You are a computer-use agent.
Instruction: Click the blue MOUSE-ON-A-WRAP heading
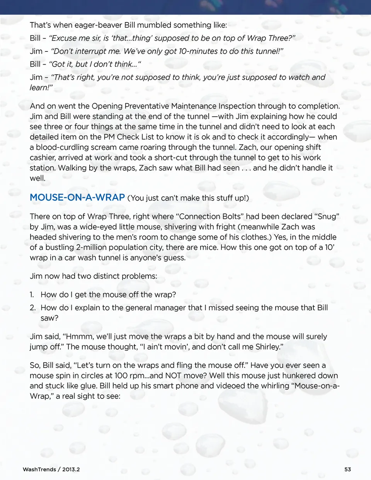click(x=77, y=197)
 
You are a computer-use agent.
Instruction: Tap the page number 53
click(x=347, y=469)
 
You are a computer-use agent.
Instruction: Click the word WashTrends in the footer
click(x=39, y=469)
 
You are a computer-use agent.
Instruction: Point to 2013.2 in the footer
click(x=71, y=469)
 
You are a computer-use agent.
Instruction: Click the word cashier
click(x=43, y=158)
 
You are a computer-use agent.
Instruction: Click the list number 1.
click(x=32, y=294)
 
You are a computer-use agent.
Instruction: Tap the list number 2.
click(x=32, y=308)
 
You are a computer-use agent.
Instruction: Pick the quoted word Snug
click(x=327, y=216)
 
